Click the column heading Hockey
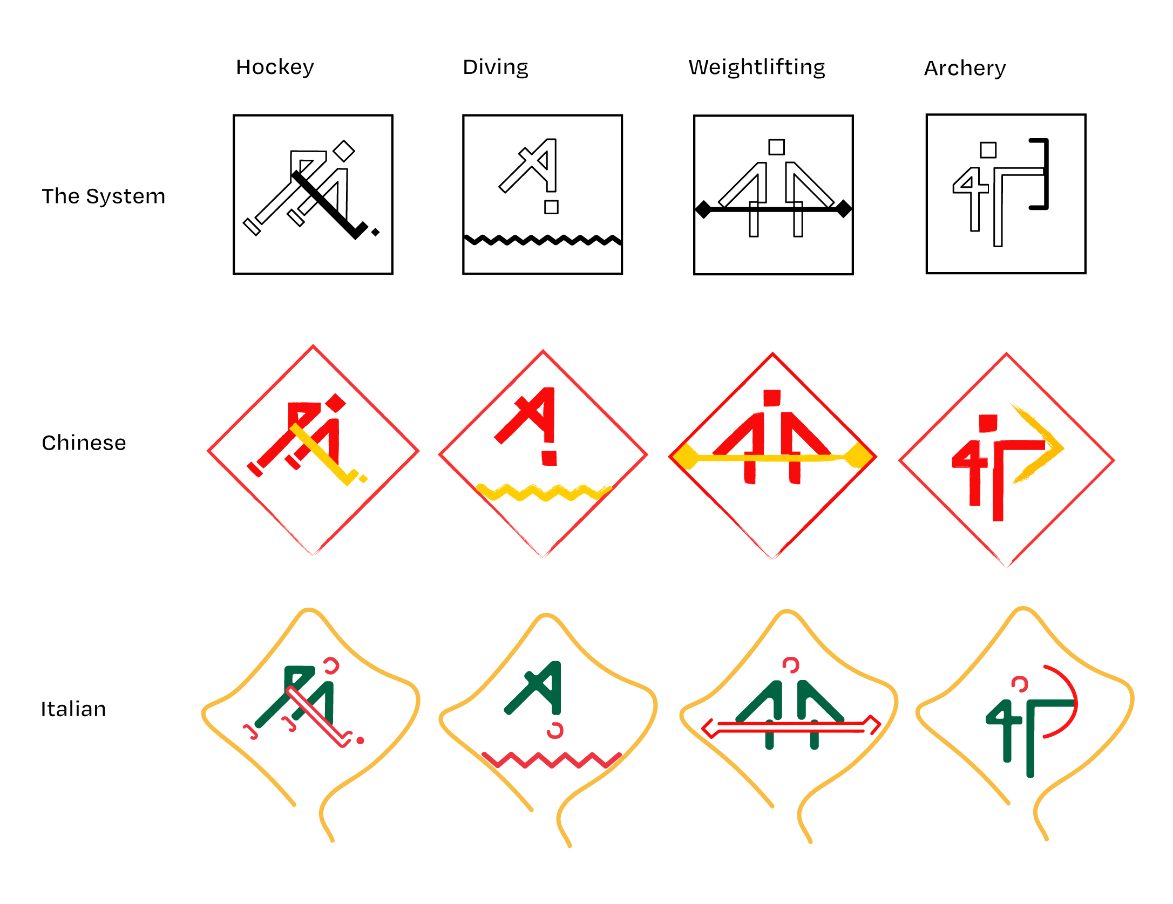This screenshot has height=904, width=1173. tap(275, 67)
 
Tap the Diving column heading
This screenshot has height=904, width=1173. tap(495, 67)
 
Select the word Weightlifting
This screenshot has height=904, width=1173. tap(756, 67)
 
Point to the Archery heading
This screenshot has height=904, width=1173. tap(965, 69)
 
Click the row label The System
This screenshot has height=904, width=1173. tap(103, 196)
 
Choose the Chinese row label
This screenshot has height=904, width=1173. tap(84, 443)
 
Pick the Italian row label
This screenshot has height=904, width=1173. tap(73, 709)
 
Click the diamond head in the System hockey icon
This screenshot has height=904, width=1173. tap(343, 151)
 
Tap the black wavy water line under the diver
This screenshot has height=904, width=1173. tap(542, 240)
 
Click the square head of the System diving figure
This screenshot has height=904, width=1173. tap(551, 207)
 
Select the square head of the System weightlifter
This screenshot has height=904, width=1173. tap(776, 147)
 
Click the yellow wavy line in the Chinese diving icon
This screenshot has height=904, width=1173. tap(543, 492)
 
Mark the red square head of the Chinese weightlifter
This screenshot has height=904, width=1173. tap(772, 398)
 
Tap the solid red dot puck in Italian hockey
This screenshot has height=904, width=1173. tap(360, 740)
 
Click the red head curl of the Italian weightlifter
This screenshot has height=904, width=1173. tap(791, 665)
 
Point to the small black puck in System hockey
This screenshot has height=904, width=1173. tap(376, 232)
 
